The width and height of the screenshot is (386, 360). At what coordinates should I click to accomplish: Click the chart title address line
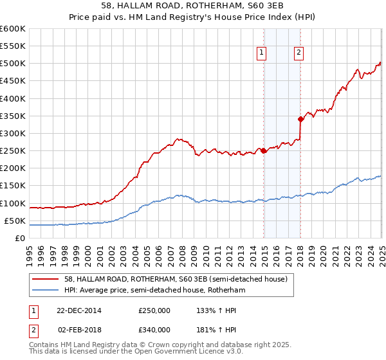coord(192,5)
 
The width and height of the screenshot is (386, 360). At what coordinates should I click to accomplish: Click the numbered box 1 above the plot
coord(263,54)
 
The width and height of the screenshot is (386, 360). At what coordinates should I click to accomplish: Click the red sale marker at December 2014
coord(264,151)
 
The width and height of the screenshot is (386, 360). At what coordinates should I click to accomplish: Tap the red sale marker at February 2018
coord(300,119)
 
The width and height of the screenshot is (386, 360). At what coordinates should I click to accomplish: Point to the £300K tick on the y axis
coord(13,133)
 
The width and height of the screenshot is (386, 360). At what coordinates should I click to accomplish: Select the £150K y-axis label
coord(13,186)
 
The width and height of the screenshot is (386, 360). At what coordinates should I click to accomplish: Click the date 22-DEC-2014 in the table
coord(78,310)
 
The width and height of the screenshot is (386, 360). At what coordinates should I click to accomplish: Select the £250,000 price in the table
coord(154,310)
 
